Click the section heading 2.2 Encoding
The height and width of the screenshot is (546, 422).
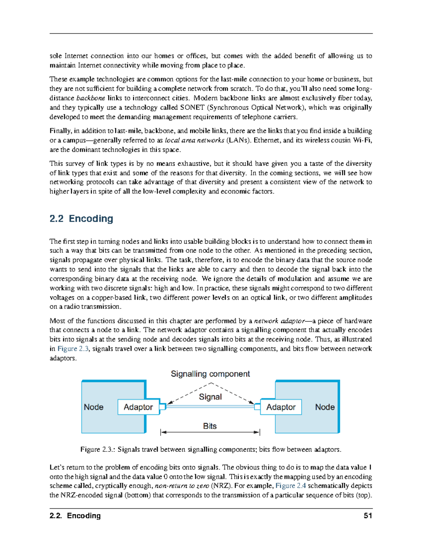coord(81,219)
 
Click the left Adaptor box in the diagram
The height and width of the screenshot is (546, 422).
coord(138,407)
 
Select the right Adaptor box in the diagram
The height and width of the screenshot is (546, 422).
coord(281,407)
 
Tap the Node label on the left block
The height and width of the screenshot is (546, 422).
coord(94,407)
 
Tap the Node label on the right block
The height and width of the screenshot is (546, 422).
coord(325,407)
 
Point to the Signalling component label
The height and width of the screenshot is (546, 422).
coord(210,374)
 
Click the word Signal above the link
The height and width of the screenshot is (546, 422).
coord(210,397)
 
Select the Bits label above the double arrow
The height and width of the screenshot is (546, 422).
coord(210,426)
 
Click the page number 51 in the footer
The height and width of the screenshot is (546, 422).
coord(368,516)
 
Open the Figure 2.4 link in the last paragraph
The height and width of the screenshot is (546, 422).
coord(290,486)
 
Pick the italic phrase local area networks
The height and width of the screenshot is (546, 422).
coord(194,140)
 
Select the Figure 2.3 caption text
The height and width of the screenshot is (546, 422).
coord(211,450)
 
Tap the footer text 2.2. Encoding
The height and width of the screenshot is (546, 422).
coord(75,516)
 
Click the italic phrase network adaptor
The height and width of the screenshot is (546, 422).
coord(279,321)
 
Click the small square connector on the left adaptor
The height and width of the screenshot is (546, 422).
coord(162,407)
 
